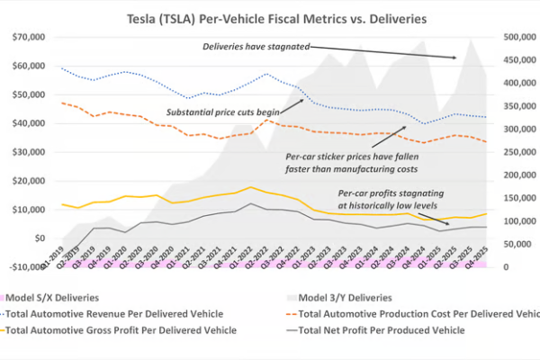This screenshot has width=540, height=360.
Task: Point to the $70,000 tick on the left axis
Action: click(x=28, y=37)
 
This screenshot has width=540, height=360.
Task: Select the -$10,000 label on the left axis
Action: click(x=26, y=267)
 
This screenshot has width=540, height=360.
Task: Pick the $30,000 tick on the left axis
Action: click(x=28, y=152)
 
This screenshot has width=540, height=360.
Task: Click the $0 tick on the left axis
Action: click(x=39, y=238)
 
